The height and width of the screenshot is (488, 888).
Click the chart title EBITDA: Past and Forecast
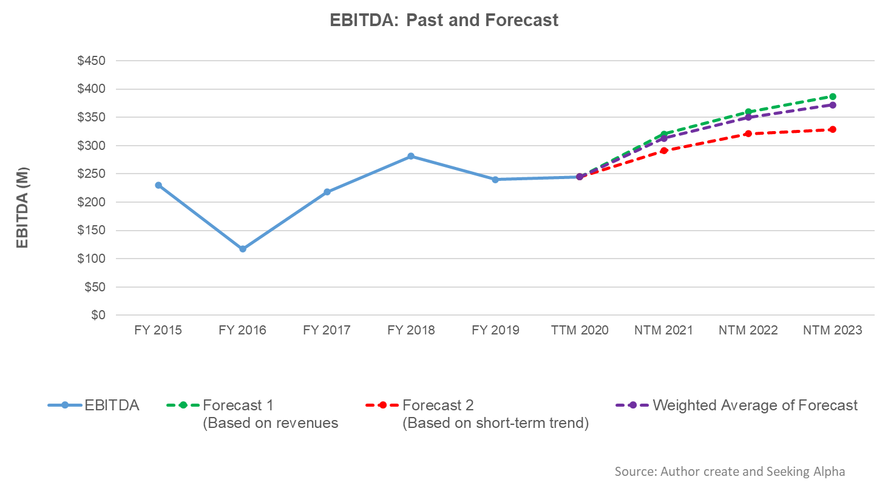(444, 20)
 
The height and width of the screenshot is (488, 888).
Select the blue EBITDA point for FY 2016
(243, 249)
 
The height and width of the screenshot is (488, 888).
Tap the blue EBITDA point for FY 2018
(411, 156)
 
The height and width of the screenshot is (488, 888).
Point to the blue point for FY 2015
(158, 185)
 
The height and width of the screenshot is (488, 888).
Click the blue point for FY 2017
(327, 192)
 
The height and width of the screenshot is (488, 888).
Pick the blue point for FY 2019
(495, 180)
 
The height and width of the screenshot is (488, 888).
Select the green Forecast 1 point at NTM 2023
(833, 97)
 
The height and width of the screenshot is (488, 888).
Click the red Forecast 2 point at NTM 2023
(833, 129)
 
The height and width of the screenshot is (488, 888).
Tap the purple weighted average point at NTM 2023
(833, 105)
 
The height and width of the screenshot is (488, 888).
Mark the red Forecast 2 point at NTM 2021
(664, 151)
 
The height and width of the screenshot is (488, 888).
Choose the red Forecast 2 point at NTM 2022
(748, 134)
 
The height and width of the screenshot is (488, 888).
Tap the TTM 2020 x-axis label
(580, 331)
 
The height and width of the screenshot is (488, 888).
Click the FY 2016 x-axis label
(243, 331)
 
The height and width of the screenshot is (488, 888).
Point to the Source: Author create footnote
(730, 472)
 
